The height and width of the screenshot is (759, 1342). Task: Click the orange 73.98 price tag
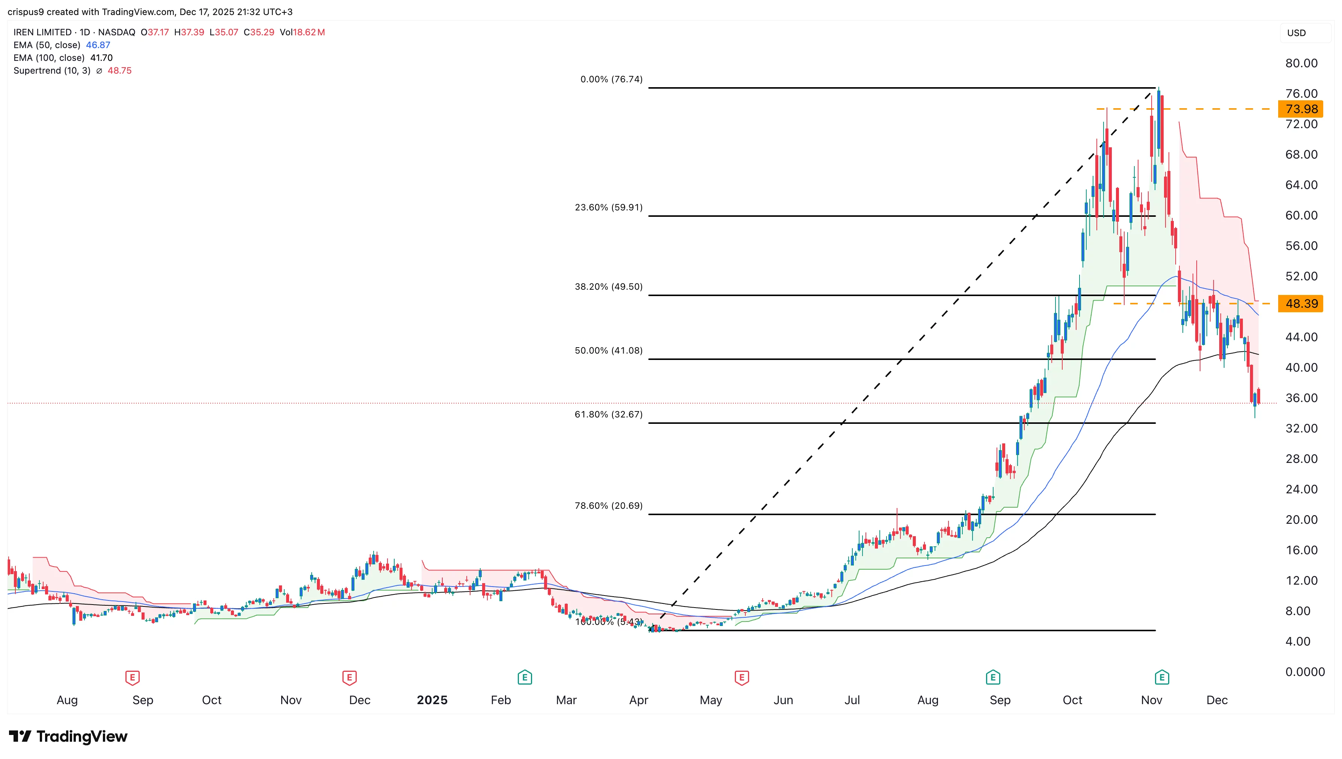click(1301, 109)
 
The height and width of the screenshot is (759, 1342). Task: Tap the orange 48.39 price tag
click(1301, 303)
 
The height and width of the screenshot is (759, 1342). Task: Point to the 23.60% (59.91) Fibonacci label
click(609, 207)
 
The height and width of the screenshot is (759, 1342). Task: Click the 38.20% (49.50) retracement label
click(609, 287)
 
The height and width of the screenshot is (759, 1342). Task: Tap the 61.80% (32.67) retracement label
click(609, 414)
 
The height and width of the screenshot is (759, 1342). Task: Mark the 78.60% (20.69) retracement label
click(609, 506)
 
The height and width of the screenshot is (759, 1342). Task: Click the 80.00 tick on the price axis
click(1301, 63)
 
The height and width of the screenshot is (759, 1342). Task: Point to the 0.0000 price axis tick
click(1304, 671)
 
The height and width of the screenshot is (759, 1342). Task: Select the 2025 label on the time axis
click(432, 700)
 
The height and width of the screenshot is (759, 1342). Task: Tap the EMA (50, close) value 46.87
click(98, 45)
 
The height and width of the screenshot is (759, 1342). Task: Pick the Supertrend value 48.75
click(119, 70)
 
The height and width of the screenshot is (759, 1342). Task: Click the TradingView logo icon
click(21, 736)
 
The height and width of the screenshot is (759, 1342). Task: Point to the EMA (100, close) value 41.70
click(102, 58)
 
